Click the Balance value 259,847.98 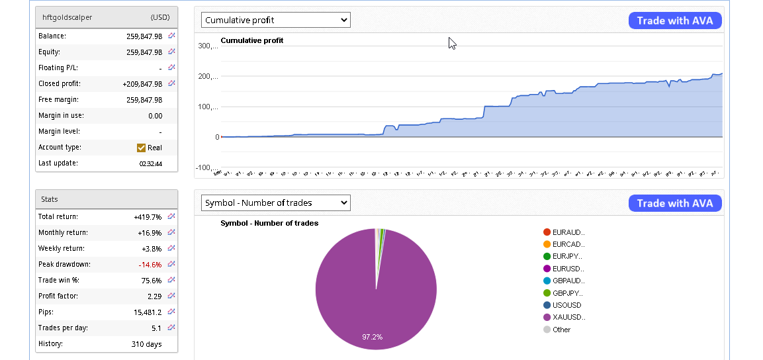pyautogui.click(x=144, y=36)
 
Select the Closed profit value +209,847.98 pyautogui.click(x=142, y=84)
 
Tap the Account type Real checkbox pyautogui.click(x=141, y=148)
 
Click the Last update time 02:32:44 pyautogui.click(x=150, y=163)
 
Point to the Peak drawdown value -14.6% pyautogui.click(x=150, y=264)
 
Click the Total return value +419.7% pyautogui.click(x=148, y=216)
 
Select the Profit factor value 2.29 pyautogui.click(x=154, y=296)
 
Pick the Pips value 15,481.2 pyautogui.click(x=148, y=312)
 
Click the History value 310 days pyautogui.click(x=146, y=344)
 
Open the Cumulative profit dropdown pyautogui.click(x=275, y=21)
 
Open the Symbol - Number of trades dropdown pyautogui.click(x=275, y=203)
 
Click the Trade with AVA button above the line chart pyautogui.click(x=675, y=21)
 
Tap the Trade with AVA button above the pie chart pyautogui.click(x=675, y=203)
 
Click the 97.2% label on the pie pyautogui.click(x=372, y=337)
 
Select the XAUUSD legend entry pyautogui.click(x=568, y=318)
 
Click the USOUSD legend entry pyautogui.click(x=566, y=305)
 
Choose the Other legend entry pyautogui.click(x=561, y=330)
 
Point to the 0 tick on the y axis pyautogui.click(x=217, y=137)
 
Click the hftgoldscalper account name pyautogui.click(x=67, y=17)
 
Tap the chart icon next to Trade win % pyautogui.click(x=171, y=280)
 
